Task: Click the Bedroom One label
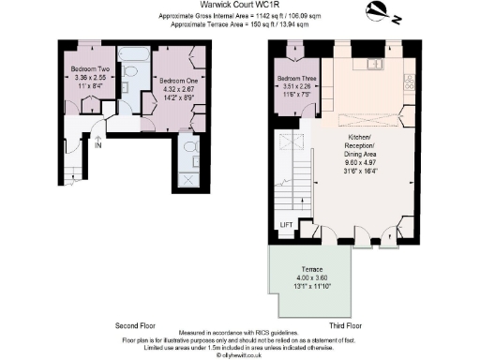click(x=175, y=82)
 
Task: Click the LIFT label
click(x=286, y=225)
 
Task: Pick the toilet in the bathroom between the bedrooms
click(x=130, y=71)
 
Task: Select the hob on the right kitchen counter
click(x=410, y=82)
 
